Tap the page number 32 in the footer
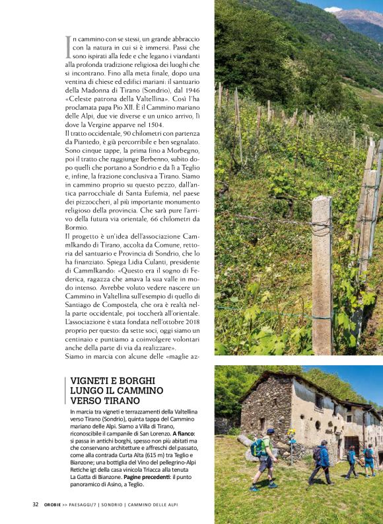[x=36, y=505]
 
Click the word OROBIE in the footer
[x=54, y=505]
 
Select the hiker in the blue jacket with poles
[x=323, y=460]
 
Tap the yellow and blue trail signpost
[x=291, y=441]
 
